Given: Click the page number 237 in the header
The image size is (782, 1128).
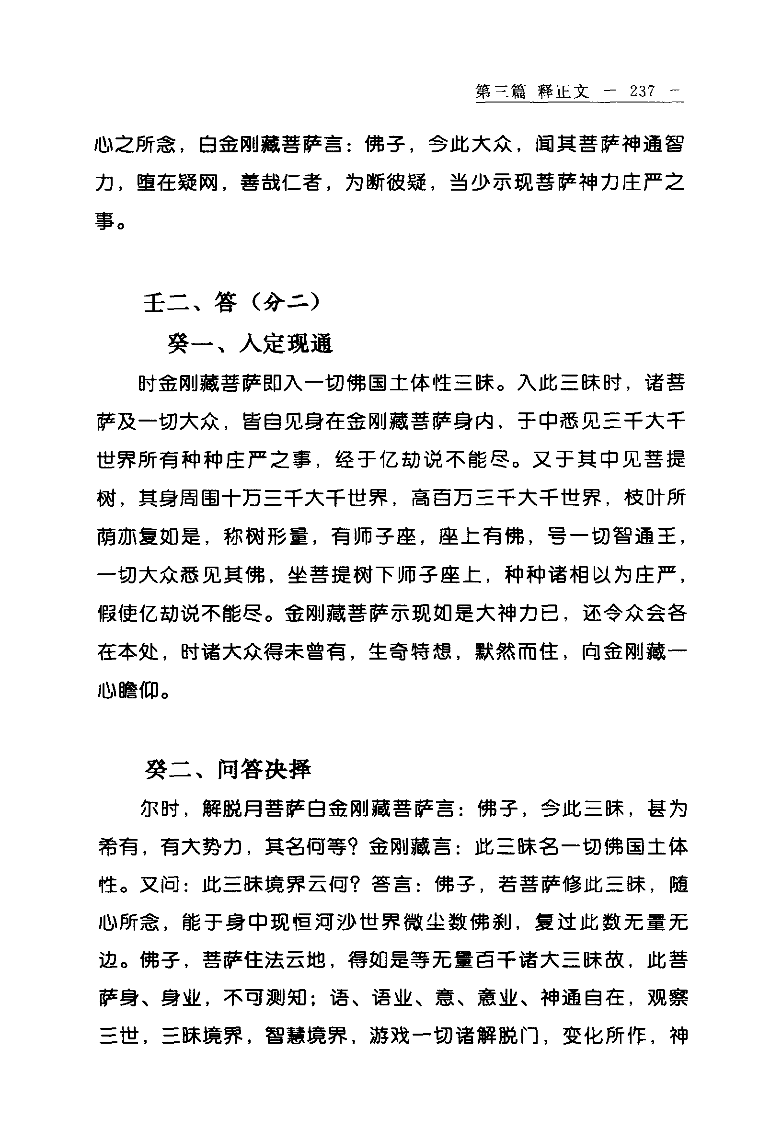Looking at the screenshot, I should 643,91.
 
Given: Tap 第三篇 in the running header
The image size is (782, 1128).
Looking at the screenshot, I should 500,91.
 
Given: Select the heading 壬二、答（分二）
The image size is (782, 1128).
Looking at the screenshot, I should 232,303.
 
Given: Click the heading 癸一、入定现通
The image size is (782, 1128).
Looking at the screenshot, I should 250,344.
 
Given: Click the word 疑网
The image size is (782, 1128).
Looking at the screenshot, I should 198,183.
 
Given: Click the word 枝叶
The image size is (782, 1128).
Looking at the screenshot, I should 645,498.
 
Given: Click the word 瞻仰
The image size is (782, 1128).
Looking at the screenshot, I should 139,691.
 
